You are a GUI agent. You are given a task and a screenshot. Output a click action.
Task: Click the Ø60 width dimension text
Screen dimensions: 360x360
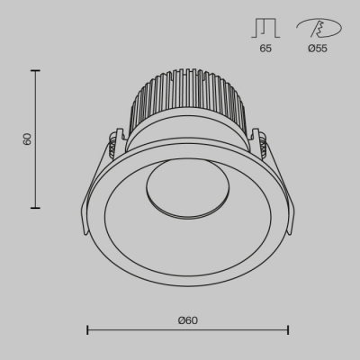tap(187, 320)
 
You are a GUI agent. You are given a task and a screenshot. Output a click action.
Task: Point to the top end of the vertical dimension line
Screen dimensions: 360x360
tap(36, 71)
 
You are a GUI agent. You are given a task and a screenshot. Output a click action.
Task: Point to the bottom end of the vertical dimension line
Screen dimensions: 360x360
tap(36, 208)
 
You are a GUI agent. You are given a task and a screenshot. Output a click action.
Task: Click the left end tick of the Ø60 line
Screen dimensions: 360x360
tap(87, 330)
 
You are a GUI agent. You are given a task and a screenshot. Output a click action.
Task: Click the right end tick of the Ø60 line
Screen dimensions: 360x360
tap(288, 330)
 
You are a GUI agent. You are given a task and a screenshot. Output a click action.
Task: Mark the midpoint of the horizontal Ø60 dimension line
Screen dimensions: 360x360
tap(187, 330)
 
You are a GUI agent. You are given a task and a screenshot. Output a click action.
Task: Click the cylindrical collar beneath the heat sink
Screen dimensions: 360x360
tap(187, 135)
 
